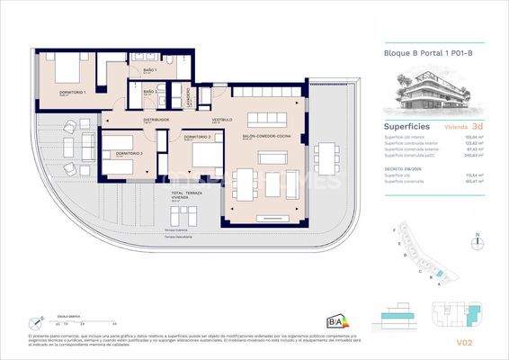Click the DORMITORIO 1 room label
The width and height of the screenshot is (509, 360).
coord(73,93)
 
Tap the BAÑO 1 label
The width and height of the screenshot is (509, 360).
coord(149,70)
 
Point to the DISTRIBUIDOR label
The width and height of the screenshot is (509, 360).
coord(156,119)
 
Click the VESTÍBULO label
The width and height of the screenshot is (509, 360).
coord(222,119)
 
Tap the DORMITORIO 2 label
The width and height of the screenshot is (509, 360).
coord(196,137)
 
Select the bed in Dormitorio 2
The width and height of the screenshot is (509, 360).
coord(207,158)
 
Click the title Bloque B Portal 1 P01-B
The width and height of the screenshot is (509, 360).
coord(415,54)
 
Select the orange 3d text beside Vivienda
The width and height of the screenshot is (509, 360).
coord(478,127)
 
